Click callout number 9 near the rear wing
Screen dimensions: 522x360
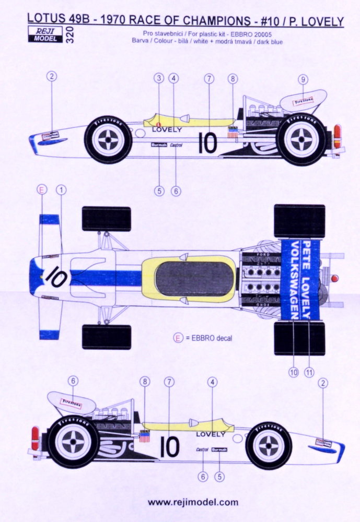(303, 79)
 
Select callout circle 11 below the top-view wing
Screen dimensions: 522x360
(309, 372)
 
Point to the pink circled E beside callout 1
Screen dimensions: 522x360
(41, 190)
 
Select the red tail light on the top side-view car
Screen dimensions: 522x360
(337, 134)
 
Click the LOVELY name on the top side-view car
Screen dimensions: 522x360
(167, 129)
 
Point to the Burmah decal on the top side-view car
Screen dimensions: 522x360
(158, 146)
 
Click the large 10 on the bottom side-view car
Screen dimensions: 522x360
(170, 447)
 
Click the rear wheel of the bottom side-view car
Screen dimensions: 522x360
(73, 442)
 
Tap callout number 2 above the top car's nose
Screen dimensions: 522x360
(51, 76)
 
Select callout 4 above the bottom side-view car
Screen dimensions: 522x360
(212, 382)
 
